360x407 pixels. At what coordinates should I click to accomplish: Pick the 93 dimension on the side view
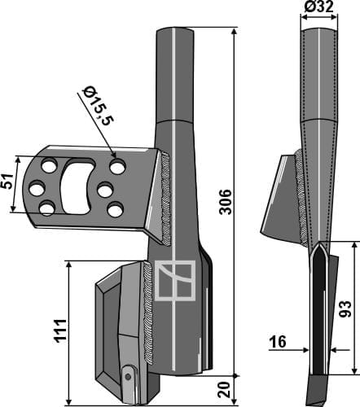(x=345, y=309)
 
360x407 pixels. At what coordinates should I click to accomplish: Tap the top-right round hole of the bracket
(x=117, y=168)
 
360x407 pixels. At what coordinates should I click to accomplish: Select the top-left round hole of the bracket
(x=50, y=167)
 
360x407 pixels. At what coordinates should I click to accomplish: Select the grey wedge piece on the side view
(x=277, y=199)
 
